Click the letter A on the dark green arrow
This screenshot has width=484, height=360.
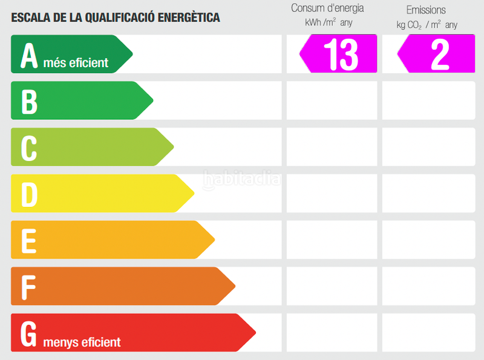point(30,55)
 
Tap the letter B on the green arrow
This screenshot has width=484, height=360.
point(30,101)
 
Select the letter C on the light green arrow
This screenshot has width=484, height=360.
point(29,148)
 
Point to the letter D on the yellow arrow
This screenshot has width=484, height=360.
point(30,194)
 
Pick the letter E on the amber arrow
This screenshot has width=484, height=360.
point(29,240)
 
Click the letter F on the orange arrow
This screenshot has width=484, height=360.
point(29,287)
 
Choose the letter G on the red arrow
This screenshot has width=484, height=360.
point(29,333)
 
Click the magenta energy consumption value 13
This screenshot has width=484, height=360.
point(341,54)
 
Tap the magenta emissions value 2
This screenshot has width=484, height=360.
point(439,54)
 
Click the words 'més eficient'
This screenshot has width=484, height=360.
point(76,62)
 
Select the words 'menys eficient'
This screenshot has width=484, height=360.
point(82,342)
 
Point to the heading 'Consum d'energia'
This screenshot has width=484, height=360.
point(327,8)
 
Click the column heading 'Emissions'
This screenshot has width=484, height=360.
point(426,10)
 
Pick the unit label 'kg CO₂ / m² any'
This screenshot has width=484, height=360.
point(427,25)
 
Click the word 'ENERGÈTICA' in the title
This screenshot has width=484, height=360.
point(189,18)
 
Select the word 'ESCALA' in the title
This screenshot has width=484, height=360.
point(30,18)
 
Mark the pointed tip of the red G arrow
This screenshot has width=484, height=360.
point(255,332)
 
